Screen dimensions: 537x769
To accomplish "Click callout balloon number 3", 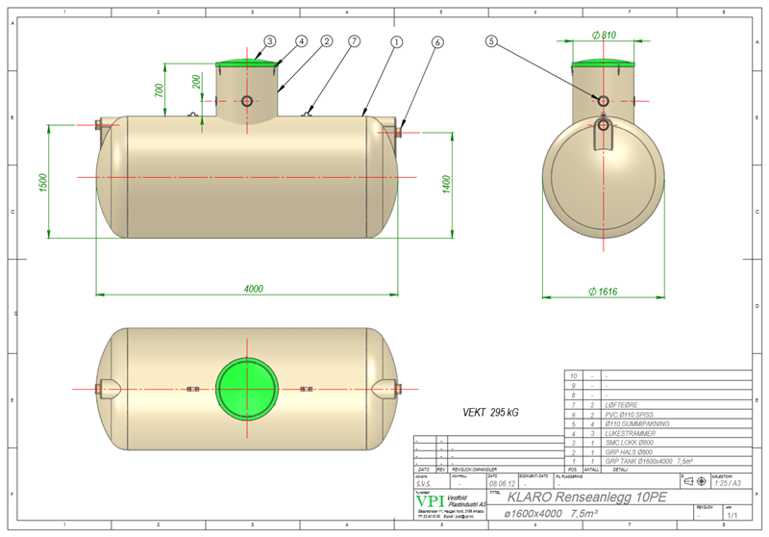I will coord(270,41).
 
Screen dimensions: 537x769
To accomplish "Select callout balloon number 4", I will coord(301,41).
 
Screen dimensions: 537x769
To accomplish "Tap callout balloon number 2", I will coord(327,41).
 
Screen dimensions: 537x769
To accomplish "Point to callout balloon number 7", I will coord(355,41).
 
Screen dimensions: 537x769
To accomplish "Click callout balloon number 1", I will coord(396,41).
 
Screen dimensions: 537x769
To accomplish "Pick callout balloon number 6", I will coord(437,41).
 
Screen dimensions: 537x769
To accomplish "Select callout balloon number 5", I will coord(492,41).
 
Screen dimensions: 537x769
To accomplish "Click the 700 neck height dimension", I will coord(169,91).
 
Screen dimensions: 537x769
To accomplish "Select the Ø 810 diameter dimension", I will coord(604,35).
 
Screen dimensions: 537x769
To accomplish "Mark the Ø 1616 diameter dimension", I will coord(603,292).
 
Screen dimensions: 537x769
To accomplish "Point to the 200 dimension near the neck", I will coord(197,81).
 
